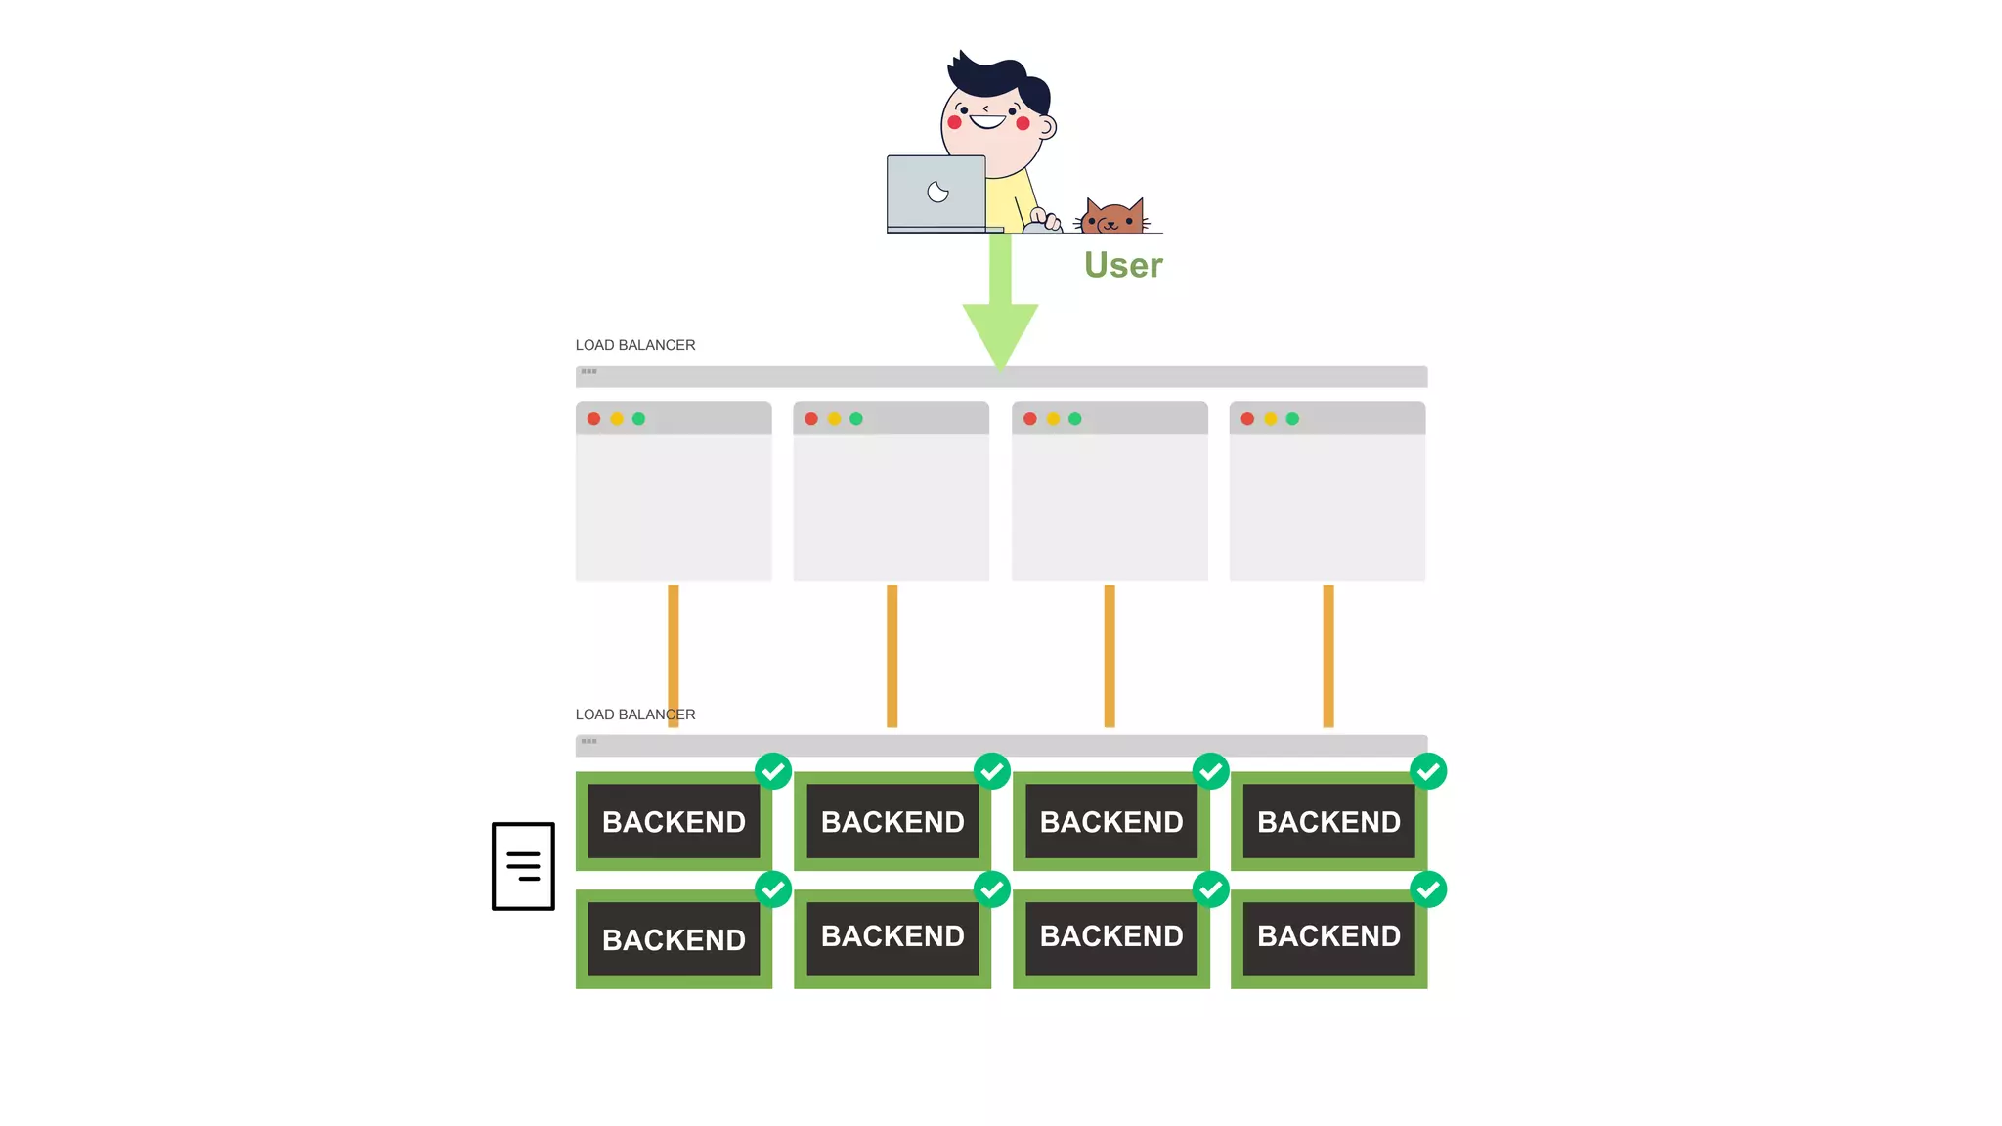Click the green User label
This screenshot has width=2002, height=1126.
[1123, 265]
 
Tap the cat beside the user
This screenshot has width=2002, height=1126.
[1112, 217]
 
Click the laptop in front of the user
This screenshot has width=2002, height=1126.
[936, 193]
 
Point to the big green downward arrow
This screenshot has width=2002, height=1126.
[1000, 313]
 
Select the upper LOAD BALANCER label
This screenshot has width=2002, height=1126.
[635, 345]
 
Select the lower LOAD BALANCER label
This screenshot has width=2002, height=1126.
[635, 715]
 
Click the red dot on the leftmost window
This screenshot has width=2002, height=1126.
[593, 419]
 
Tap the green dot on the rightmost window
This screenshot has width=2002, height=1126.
[1292, 419]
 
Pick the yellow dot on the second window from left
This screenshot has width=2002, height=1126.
[834, 419]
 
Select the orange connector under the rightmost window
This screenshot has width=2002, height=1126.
[1328, 655]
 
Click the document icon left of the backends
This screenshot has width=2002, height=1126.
[523, 866]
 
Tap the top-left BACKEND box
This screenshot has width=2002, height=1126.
[674, 821]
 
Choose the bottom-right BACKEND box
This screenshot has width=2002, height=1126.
[1328, 936]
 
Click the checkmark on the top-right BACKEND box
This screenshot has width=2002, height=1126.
[1428, 771]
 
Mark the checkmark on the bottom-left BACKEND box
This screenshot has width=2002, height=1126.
[773, 889]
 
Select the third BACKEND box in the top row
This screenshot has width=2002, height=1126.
[1111, 821]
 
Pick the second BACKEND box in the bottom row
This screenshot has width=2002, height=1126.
[892, 936]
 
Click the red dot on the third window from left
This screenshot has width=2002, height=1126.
[1030, 419]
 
